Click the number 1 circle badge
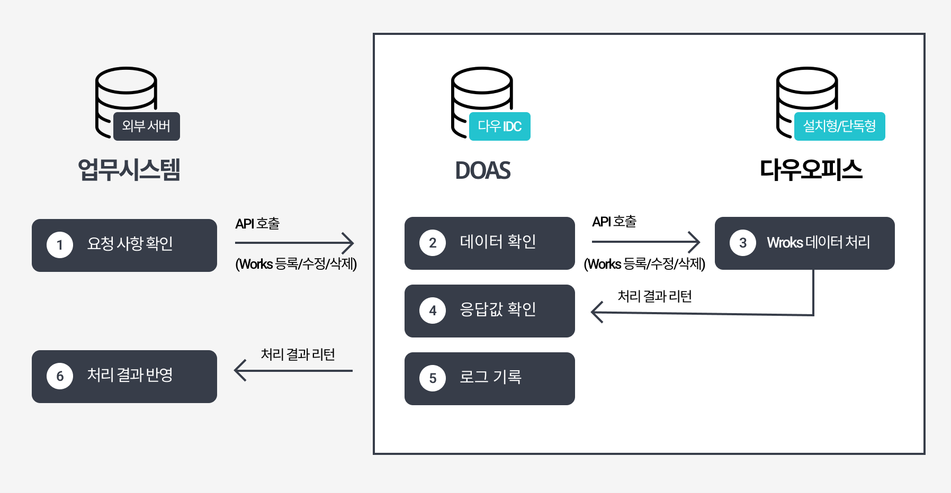click(60, 245)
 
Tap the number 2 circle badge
click(433, 243)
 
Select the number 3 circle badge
click(743, 243)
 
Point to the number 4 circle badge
click(433, 311)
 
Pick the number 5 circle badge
click(433, 378)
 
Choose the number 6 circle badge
click(60, 376)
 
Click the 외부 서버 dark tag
click(147, 126)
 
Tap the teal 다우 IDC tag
click(500, 126)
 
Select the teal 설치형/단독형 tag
click(839, 126)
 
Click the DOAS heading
click(483, 170)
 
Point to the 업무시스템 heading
click(129, 170)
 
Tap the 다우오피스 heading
click(811, 170)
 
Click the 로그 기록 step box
click(490, 379)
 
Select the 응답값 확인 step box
click(490, 311)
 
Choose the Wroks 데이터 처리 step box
click(805, 243)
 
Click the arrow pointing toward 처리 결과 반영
click(294, 370)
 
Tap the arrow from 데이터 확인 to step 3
click(646, 242)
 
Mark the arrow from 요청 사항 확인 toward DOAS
click(294, 243)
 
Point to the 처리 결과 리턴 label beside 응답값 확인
click(655, 296)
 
